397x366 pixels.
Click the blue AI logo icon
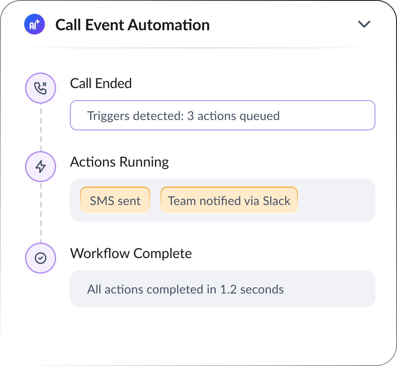click(35, 24)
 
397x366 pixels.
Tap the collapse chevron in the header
click(364, 24)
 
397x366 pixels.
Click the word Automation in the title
click(169, 25)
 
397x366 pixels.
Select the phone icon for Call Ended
click(41, 88)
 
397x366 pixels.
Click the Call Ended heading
click(101, 83)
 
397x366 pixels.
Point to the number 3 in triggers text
click(190, 116)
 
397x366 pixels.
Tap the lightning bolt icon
click(41, 167)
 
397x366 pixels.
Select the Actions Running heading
click(120, 162)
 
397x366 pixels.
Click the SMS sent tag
click(115, 201)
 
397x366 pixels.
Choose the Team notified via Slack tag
click(229, 201)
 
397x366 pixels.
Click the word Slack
click(277, 201)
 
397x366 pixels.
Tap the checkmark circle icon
click(41, 258)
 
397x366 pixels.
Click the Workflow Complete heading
click(131, 253)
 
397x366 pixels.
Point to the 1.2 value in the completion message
click(228, 290)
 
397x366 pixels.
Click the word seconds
click(262, 290)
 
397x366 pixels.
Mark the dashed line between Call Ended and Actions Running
click(41, 127)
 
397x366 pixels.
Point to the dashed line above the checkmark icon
click(41, 212)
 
